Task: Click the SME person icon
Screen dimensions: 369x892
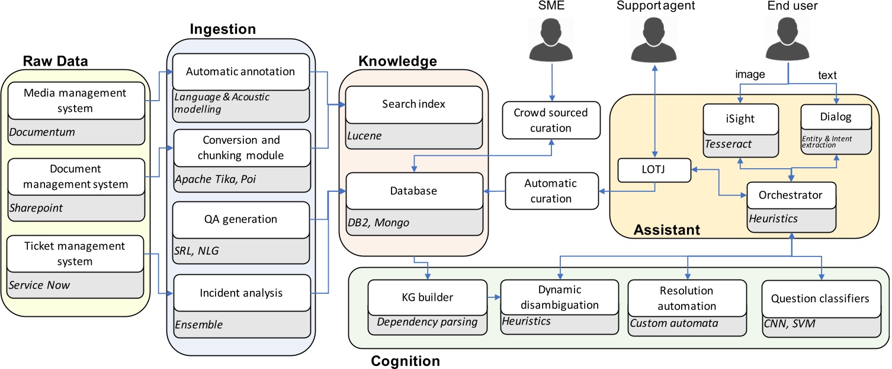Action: [x=550, y=39]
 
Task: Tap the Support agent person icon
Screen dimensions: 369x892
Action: [x=654, y=39]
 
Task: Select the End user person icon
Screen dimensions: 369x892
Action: [x=787, y=39]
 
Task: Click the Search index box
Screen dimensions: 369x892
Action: [x=413, y=105]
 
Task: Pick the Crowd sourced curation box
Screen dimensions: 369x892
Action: [x=550, y=120]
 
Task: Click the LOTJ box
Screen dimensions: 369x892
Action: [x=654, y=170]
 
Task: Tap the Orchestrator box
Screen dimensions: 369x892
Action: [x=790, y=195]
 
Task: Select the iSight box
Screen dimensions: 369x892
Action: [x=740, y=118]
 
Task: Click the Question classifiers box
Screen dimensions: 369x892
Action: [x=820, y=298]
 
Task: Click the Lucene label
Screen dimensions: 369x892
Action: [x=365, y=136]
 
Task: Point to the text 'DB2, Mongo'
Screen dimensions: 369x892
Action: [x=375, y=223]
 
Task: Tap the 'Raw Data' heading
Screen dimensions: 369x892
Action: [x=55, y=61]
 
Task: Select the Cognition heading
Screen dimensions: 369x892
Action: [x=405, y=360]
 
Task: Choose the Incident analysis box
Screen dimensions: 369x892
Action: [x=241, y=293]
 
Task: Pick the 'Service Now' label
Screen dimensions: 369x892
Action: [x=39, y=285]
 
